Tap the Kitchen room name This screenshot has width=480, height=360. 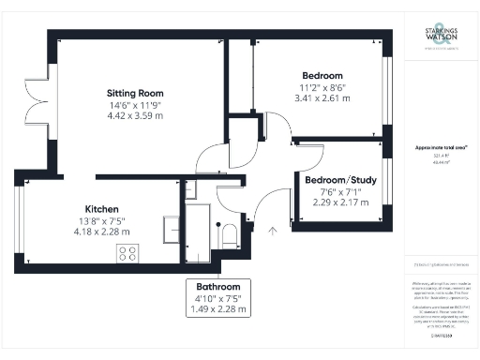point(100,208)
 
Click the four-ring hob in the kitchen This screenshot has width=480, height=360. point(127,252)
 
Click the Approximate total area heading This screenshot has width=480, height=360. point(442,147)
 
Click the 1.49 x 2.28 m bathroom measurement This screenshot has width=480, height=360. point(218,308)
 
